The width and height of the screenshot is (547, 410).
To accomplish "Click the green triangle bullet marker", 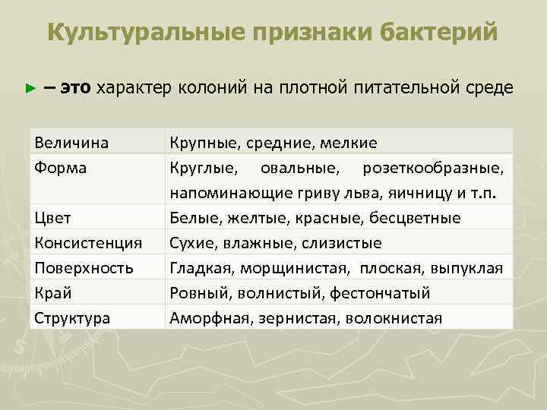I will [x=30, y=88].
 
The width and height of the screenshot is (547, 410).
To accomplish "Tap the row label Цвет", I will [x=52, y=218].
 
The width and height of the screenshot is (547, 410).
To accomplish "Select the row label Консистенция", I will [x=88, y=243].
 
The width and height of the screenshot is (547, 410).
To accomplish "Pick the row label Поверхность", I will [x=84, y=268].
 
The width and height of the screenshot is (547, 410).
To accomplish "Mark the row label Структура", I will [x=72, y=318].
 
